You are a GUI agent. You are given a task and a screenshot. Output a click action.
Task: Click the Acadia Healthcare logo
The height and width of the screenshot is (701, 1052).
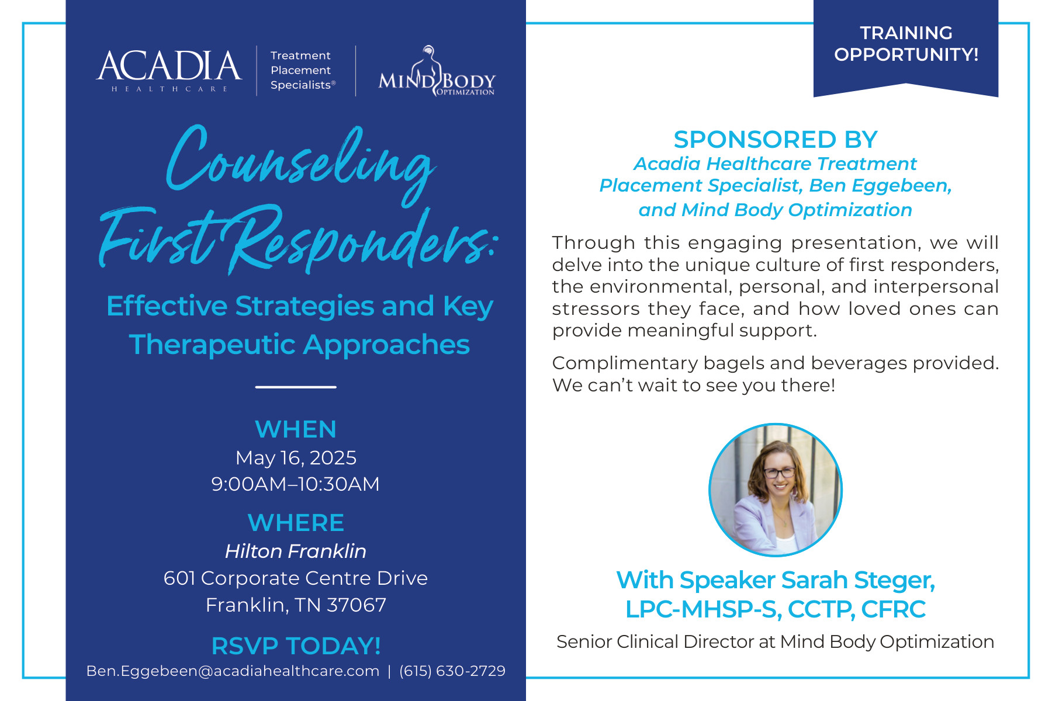(x=169, y=71)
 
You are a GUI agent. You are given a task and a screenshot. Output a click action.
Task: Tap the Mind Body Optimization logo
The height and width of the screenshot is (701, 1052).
(x=437, y=71)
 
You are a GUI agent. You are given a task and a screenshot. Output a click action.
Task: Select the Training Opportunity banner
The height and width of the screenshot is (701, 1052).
(x=906, y=47)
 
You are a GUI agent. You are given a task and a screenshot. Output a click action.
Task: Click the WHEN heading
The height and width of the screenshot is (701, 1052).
(x=296, y=429)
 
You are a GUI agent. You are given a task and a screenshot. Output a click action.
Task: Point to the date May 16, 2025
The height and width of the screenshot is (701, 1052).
(x=296, y=458)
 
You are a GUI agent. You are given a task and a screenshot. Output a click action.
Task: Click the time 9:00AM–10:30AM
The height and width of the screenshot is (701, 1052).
(x=296, y=484)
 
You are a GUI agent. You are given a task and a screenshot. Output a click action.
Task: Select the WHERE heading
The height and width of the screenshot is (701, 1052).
(x=296, y=523)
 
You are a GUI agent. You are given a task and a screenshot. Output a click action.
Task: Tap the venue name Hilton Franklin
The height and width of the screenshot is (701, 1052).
(x=296, y=551)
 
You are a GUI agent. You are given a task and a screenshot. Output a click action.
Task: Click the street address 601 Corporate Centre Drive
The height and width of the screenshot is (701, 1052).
(x=296, y=578)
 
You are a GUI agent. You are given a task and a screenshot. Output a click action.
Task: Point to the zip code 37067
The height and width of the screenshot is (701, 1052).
(x=357, y=605)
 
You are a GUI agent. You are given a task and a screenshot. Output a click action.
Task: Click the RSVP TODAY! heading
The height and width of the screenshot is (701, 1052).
(x=296, y=646)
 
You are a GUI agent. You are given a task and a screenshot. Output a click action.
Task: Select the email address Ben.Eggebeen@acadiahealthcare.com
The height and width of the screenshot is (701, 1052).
(x=233, y=671)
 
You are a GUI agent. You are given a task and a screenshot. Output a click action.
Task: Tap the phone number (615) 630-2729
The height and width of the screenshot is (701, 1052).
(x=452, y=671)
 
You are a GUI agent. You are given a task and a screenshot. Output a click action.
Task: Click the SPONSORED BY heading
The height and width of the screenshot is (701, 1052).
(x=776, y=140)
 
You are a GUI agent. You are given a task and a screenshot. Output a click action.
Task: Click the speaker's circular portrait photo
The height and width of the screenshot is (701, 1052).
(x=776, y=490)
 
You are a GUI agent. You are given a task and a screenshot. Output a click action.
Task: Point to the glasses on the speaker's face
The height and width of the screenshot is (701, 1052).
(x=779, y=473)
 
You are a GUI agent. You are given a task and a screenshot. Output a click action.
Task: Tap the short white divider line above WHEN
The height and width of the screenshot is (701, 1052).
(x=296, y=387)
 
